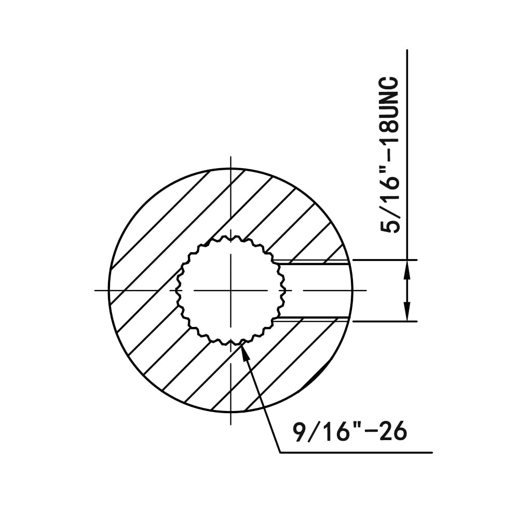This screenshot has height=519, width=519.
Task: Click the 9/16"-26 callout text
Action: click(349, 432)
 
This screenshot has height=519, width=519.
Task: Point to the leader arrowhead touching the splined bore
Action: click(244, 347)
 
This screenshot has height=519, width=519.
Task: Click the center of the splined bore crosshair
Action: click(230, 290)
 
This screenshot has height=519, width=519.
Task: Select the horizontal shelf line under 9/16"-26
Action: click(356, 453)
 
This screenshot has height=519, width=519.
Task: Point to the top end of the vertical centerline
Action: click(230, 157)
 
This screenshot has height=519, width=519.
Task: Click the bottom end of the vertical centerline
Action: click(230, 424)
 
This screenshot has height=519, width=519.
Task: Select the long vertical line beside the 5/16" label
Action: click(408, 156)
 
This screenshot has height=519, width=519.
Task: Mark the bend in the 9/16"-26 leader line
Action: click(280, 453)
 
